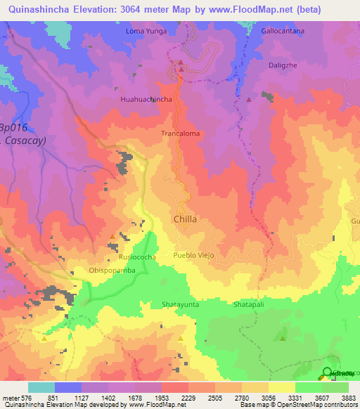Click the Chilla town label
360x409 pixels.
click(x=185, y=219)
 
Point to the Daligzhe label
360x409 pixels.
click(x=284, y=65)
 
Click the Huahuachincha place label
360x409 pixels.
click(x=146, y=100)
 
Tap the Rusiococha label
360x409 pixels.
click(x=137, y=257)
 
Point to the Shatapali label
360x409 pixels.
click(x=250, y=305)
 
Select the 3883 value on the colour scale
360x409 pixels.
click(x=349, y=397)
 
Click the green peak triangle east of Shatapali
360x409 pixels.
click(x=283, y=339)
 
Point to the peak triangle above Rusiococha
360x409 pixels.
click(x=113, y=237)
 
